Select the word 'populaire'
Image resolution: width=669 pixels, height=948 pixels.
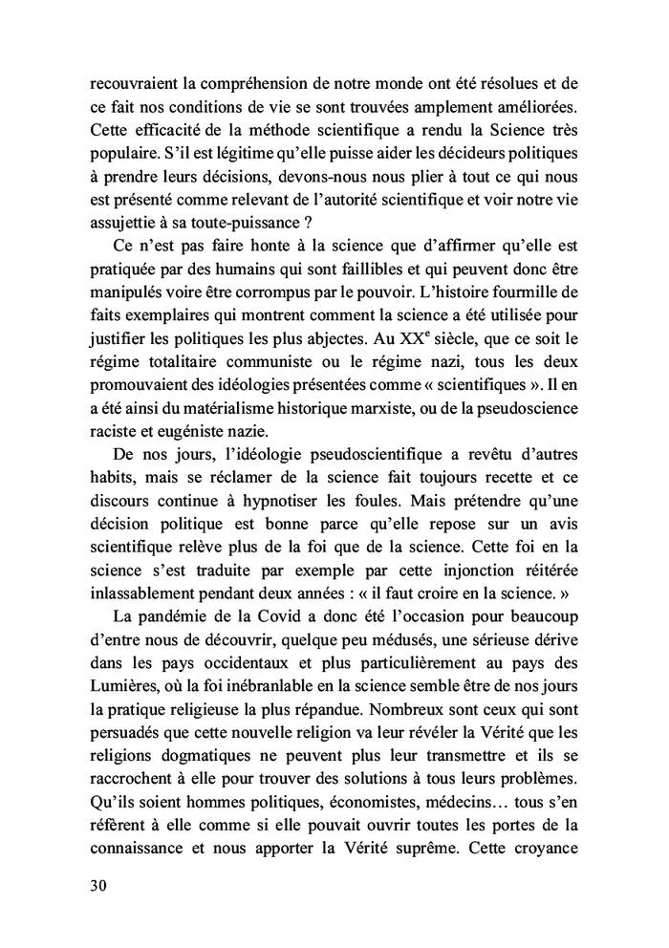120,151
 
